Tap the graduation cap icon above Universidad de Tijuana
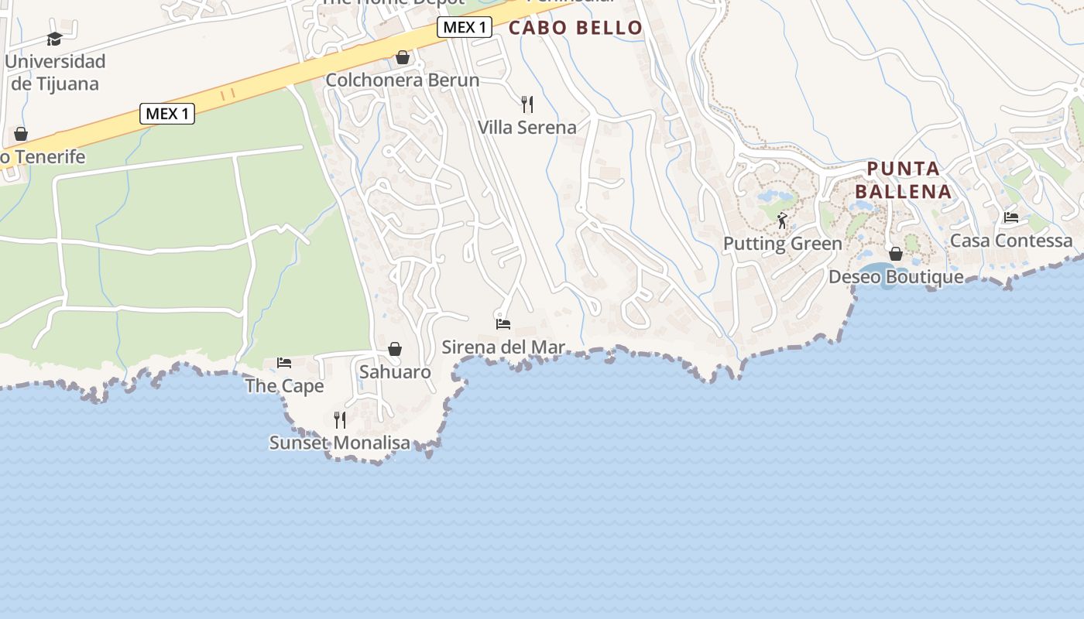tap(54, 39)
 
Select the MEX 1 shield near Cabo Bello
tap(465, 28)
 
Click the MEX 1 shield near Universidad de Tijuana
tap(167, 114)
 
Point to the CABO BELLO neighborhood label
tap(575, 28)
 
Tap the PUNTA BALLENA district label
tap(903, 180)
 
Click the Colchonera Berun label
tap(402, 80)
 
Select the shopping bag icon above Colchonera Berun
tap(402, 57)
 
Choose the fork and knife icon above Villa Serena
tap(527, 104)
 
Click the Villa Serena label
tap(527, 127)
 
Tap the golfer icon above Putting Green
tap(782, 221)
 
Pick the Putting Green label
tap(782, 244)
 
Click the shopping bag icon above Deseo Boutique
tap(896, 254)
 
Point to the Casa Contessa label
tap(1011, 241)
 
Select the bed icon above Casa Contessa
tap(1011, 217)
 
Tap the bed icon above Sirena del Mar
tap(503, 323)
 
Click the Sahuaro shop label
tap(395, 372)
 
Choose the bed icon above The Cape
tap(284, 362)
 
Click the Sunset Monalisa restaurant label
tap(339, 443)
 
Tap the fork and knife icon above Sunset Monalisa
tap(339, 420)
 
